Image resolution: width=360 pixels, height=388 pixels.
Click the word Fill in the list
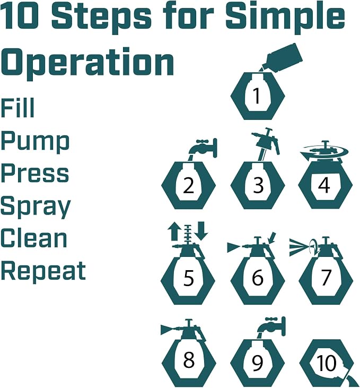(x=17, y=108)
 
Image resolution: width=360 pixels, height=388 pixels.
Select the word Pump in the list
(x=35, y=142)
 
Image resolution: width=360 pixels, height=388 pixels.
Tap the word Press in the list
(x=35, y=173)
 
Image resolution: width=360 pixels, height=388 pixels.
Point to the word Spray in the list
(x=36, y=206)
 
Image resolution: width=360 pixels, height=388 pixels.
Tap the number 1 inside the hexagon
(x=257, y=96)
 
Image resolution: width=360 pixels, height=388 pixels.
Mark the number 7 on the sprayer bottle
(x=326, y=278)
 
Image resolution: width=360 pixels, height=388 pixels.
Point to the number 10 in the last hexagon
(x=327, y=363)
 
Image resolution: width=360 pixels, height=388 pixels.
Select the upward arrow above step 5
(x=173, y=231)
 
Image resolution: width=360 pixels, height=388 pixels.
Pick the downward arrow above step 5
(x=201, y=231)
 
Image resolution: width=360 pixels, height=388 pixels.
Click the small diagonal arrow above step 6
(x=273, y=238)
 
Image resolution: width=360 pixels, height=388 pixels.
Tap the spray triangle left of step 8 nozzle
(x=167, y=330)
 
